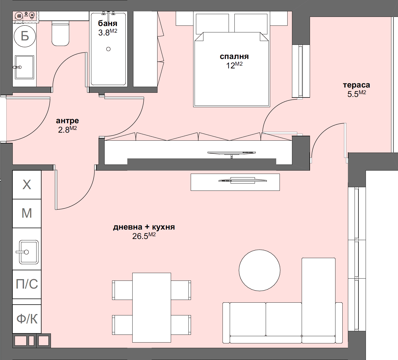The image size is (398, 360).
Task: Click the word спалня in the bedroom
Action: tap(234, 56)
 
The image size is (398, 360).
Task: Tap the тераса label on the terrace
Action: tap(356, 85)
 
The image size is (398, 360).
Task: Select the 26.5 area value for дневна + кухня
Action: tap(141, 236)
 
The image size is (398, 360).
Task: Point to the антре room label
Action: tap(67, 121)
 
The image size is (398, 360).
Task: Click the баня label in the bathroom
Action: tap(108, 24)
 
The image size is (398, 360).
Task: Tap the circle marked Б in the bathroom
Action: tap(25, 36)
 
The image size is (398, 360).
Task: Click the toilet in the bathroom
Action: tap(60, 34)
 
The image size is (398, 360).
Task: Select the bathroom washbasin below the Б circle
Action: tap(24, 67)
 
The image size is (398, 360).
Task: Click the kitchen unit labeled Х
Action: tap(27, 185)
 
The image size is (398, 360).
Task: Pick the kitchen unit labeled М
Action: tap(27, 214)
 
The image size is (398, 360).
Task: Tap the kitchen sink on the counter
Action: tap(29, 252)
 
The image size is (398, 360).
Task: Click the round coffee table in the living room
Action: tap(259, 270)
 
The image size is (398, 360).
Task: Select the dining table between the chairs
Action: tap(151, 307)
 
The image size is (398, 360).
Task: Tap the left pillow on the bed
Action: tap(212, 24)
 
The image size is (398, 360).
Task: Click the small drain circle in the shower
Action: tap(108, 49)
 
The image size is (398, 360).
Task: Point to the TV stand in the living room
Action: tap(235, 182)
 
